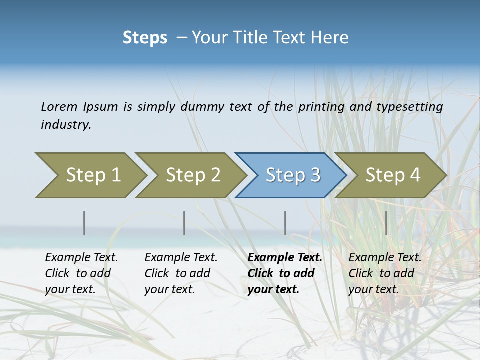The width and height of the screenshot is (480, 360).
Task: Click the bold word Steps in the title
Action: tap(145, 38)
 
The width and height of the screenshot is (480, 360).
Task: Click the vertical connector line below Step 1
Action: tap(84, 223)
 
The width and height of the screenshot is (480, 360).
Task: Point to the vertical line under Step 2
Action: tap(184, 223)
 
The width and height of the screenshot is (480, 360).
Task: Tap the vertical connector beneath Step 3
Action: tap(285, 223)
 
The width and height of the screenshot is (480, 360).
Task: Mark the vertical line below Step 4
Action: tap(386, 223)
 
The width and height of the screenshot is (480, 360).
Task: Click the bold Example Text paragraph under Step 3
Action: tap(285, 273)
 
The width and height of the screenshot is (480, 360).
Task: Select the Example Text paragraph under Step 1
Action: tap(81, 273)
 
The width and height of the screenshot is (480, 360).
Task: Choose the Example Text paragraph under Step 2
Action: tap(181, 273)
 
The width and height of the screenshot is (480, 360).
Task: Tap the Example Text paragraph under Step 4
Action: tap(385, 273)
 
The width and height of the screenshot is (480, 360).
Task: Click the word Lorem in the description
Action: tap(59, 106)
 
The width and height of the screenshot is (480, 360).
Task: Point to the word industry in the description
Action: tap(66, 125)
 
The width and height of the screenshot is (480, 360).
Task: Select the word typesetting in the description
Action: tap(409, 106)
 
